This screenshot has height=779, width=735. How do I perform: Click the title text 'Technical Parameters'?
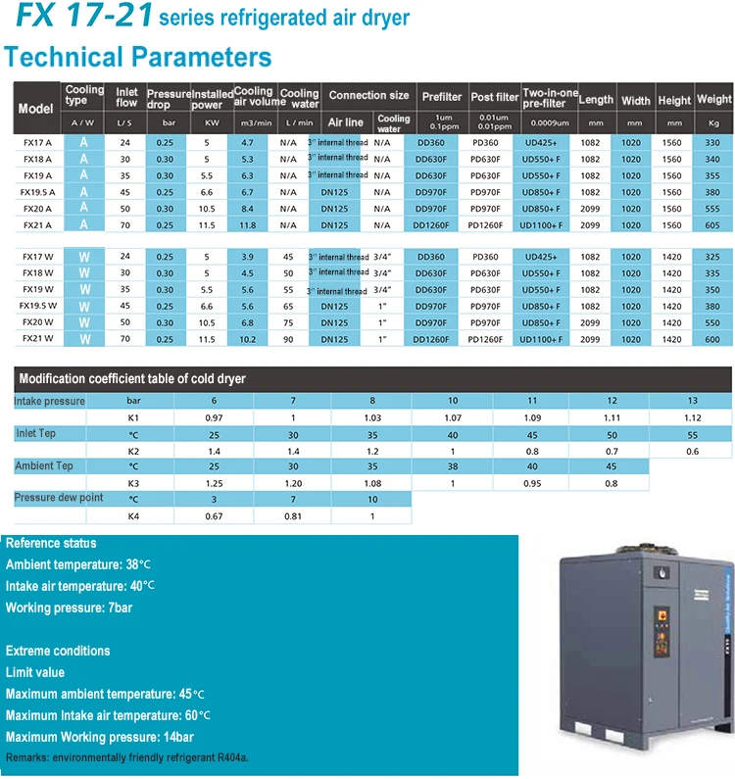[x=138, y=56]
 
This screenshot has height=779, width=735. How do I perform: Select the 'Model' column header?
[x=36, y=108]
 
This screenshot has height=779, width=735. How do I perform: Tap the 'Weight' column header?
[x=714, y=99]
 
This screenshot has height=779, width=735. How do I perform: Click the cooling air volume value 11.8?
[x=248, y=225]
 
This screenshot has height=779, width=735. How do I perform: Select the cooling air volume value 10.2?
[x=248, y=339]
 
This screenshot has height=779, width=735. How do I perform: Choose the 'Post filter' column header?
[x=495, y=97]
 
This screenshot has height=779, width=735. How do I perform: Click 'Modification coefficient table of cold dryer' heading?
[x=132, y=379]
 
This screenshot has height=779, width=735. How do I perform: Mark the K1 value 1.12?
[x=693, y=417]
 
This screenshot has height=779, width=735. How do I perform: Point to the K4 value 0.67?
[x=215, y=515]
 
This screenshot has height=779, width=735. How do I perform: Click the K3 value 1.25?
[x=215, y=483]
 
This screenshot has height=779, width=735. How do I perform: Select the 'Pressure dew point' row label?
[x=58, y=499]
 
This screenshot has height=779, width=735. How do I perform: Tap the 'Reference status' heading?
[x=51, y=543]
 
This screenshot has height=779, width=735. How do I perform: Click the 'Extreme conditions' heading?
[x=58, y=651]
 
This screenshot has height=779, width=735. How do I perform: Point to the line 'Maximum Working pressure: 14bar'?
[x=99, y=737]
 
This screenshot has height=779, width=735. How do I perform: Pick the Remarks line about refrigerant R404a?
[x=126, y=758]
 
